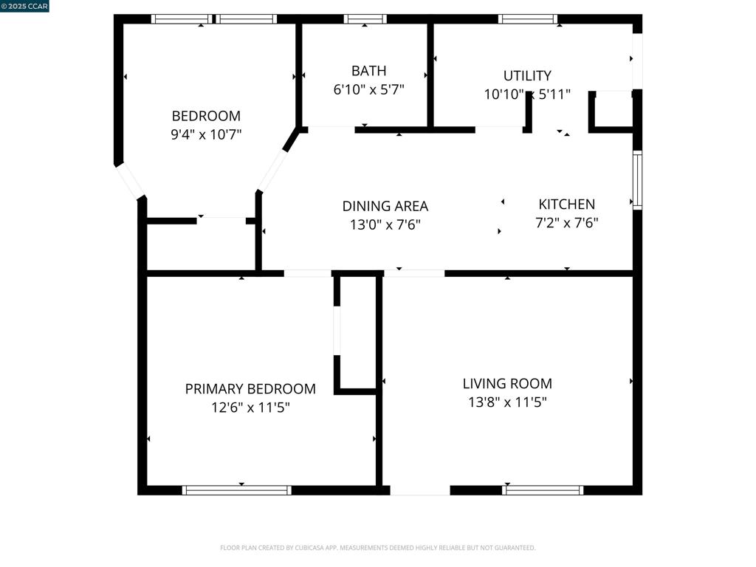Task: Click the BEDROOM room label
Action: coord(206,116)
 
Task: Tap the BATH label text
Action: coord(368,71)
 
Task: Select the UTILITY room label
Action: coord(527,75)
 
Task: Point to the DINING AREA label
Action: coord(385,206)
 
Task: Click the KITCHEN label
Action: coord(566,205)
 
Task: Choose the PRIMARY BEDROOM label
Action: coord(250,388)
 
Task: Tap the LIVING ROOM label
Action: coord(507,383)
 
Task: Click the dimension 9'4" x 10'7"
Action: coord(206,134)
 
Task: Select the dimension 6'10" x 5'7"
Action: coord(368,89)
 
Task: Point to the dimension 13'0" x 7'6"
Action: coord(385,224)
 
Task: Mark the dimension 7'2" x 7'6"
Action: coord(566,223)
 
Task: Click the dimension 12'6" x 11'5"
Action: coord(250,407)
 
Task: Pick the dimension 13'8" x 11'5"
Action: coord(507,402)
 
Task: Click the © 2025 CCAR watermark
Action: coord(24,6)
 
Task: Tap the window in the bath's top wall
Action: coord(365,19)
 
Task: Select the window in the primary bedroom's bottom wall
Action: coord(237,490)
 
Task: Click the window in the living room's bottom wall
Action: coord(543,490)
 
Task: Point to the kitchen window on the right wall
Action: coord(637,180)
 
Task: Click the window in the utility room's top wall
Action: coord(528,19)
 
